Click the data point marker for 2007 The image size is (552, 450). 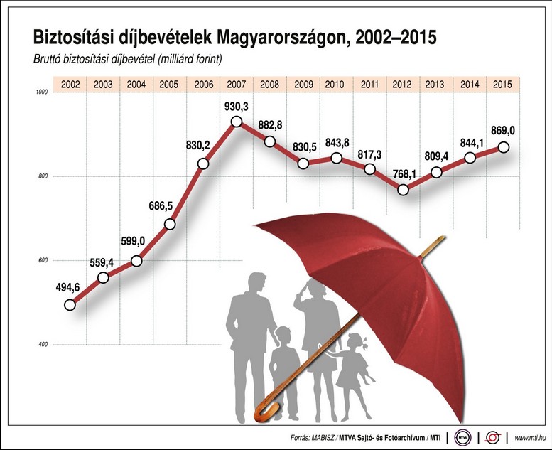point(237,122)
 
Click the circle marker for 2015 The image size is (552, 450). point(504,147)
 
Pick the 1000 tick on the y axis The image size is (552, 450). point(42,92)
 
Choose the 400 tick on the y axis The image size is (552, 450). point(43,345)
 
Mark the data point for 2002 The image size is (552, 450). point(70,305)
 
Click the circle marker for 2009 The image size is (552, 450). point(303,164)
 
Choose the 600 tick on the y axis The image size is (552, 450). point(43,261)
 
